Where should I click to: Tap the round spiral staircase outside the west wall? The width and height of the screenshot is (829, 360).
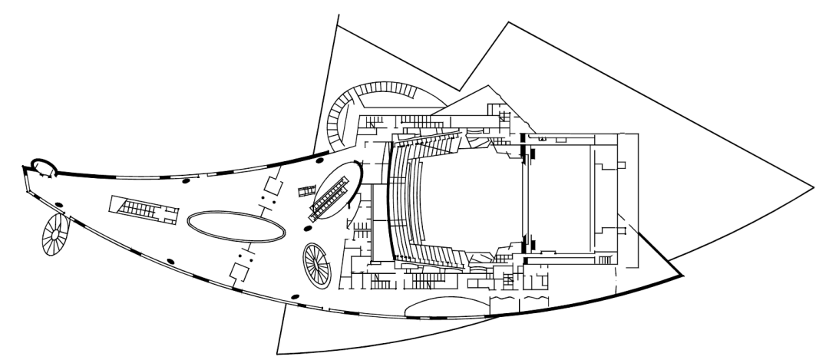click(x=56, y=236)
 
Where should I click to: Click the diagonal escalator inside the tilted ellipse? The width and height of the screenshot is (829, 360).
click(x=335, y=192)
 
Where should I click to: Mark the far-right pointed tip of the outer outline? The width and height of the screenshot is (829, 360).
click(x=811, y=186)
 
